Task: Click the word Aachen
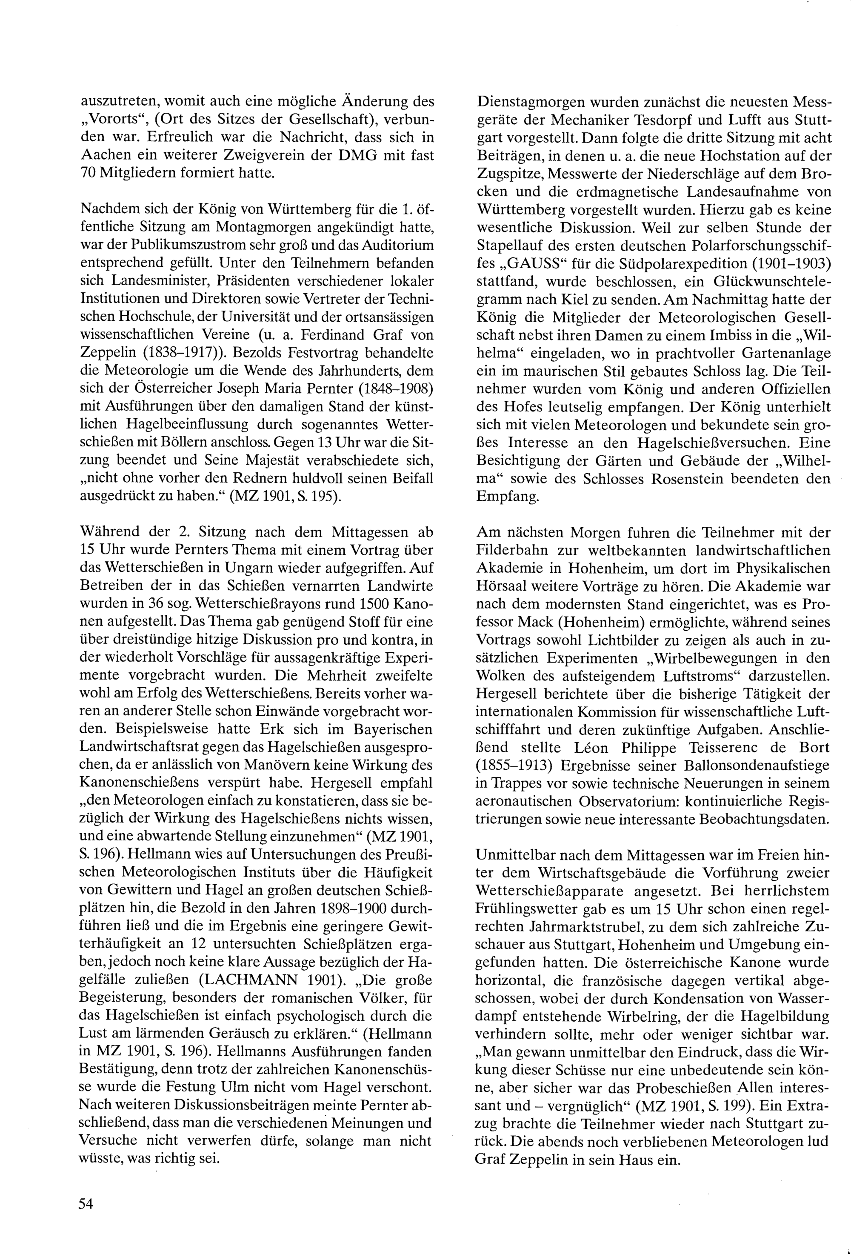point(104,155)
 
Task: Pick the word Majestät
point(268,461)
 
